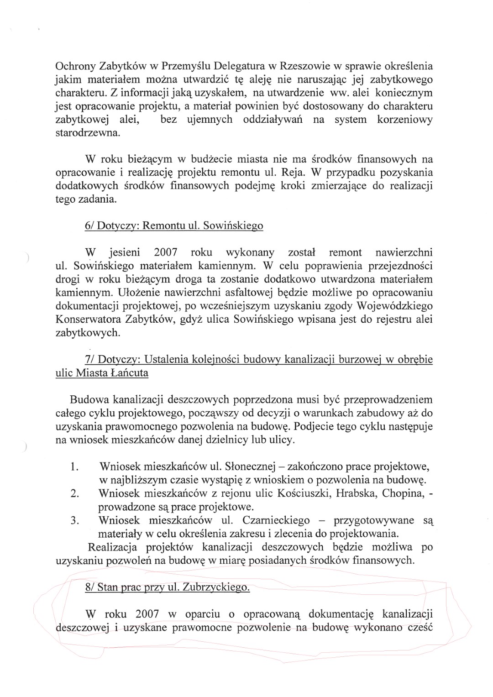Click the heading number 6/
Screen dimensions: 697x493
[x=90, y=226]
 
